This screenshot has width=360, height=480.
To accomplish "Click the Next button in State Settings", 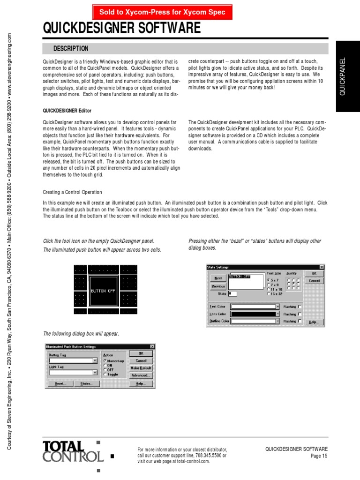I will [218, 278].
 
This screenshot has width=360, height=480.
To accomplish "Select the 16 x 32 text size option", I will [269, 294].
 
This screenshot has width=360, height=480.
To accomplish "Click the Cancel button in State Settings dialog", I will [314, 281].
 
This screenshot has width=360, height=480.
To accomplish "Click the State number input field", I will [232, 294].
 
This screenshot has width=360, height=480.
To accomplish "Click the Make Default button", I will [141, 368].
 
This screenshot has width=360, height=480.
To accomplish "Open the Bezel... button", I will [59, 383].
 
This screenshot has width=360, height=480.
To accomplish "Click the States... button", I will [87, 383].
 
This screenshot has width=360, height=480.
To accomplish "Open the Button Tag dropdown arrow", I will [95, 360].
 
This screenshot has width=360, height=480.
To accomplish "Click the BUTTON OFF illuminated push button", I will [103, 291].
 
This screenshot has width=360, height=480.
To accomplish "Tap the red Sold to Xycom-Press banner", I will [162, 12].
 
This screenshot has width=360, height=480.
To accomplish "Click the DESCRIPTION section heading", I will [71, 49].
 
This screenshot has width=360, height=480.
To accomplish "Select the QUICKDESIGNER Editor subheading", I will [67, 111].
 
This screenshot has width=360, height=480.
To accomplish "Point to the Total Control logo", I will [73, 451].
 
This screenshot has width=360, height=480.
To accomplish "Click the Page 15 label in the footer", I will [318, 456].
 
